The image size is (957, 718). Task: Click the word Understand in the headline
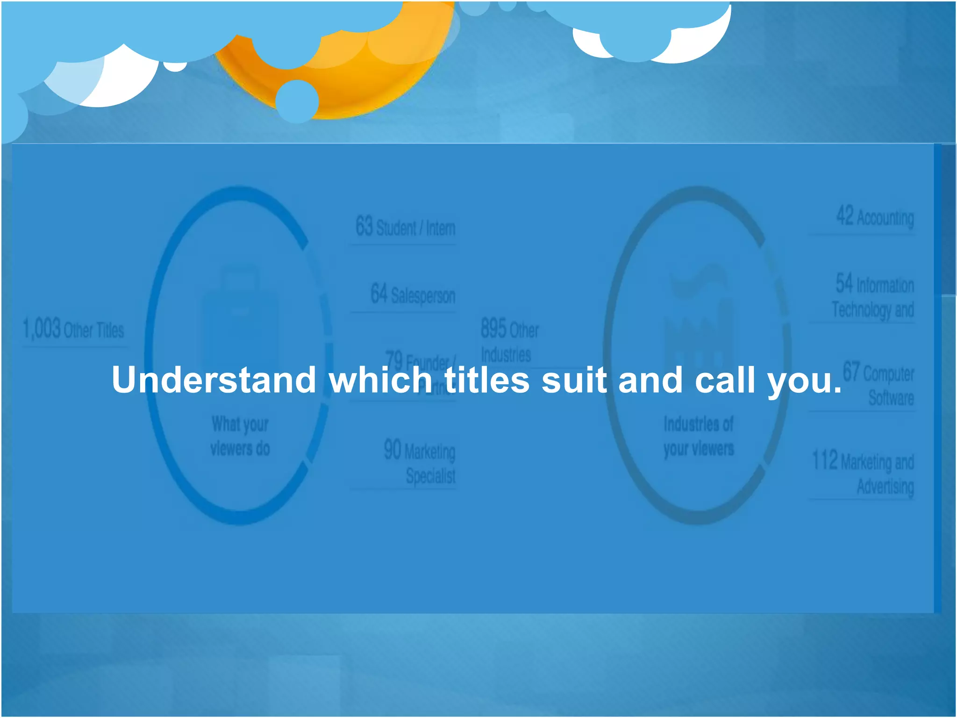[214, 380]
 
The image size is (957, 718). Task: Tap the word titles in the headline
[487, 380]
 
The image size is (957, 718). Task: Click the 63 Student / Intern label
[405, 227]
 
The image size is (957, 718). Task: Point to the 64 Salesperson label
[413, 294]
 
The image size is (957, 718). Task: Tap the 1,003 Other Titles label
[73, 329]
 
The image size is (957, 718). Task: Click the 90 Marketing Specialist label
[420, 462]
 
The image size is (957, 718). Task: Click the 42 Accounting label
[875, 217]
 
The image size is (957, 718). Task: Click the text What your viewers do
[240, 436]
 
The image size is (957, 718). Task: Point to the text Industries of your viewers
[699, 436]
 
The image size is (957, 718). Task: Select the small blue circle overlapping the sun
[297, 101]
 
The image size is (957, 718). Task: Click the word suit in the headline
[574, 380]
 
